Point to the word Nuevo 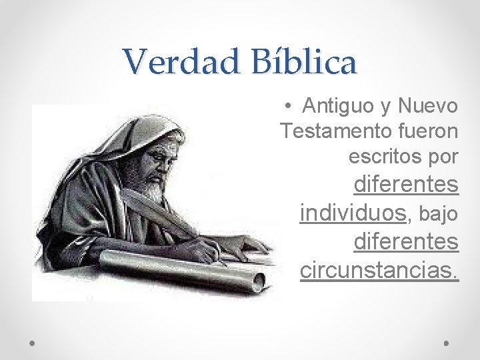(428, 105)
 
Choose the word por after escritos (440, 157)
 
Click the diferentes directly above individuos (406, 184)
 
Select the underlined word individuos (353, 213)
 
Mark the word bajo (439, 213)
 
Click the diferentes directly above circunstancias (406, 241)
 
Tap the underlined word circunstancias (379, 270)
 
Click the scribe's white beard (155, 190)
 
